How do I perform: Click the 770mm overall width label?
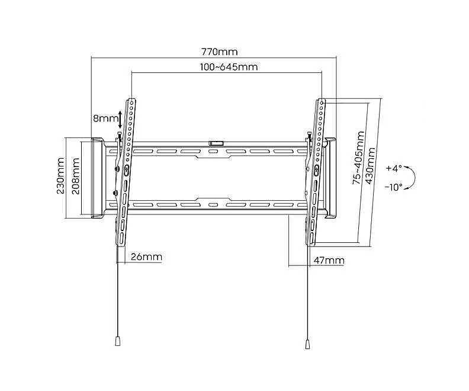click(220, 52)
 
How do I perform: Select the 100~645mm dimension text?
click(229, 67)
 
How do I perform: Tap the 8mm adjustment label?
click(105, 118)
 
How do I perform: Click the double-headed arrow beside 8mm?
click(120, 119)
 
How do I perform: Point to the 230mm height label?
click(61, 176)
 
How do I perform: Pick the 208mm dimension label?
click(76, 176)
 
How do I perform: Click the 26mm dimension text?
click(146, 257)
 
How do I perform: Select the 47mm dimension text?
click(329, 260)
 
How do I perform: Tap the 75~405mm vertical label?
click(359, 158)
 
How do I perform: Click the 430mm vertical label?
click(370, 166)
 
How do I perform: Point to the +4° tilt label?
click(394, 168)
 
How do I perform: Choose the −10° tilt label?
click(394, 187)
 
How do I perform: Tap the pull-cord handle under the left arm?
click(118, 341)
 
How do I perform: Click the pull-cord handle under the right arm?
click(307, 344)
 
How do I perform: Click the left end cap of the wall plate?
click(97, 178)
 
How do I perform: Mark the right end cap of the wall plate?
click(330, 178)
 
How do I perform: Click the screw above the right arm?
click(309, 137)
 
